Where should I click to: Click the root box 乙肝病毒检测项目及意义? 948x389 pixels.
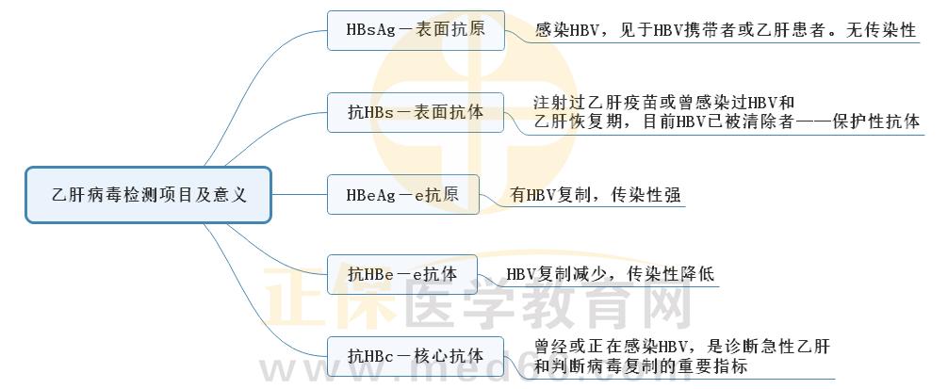pos(148,195)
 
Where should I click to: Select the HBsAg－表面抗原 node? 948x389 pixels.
pos(416,30)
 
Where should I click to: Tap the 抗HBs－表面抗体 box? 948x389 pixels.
pos(416,112)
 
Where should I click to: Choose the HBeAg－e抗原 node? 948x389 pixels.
pos(403,194)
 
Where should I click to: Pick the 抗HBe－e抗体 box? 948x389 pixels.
pos(402,274)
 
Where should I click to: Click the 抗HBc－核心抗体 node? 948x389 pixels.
pos(416,356)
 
